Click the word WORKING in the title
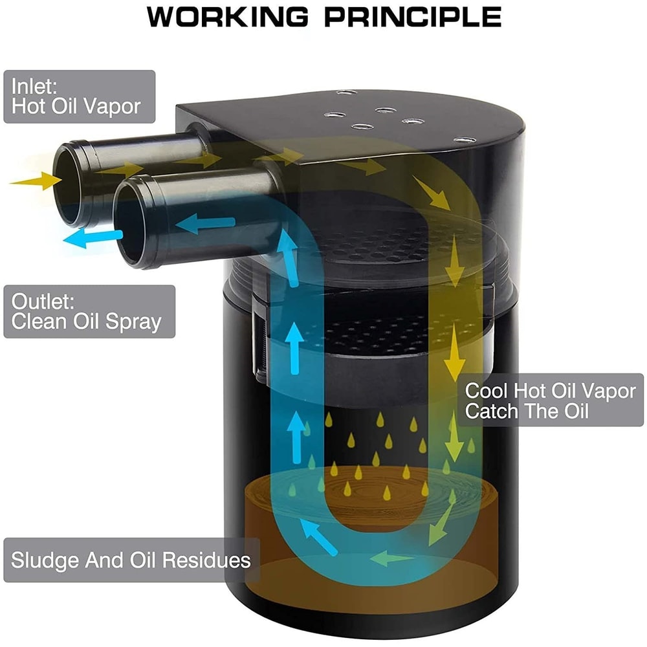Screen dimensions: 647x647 229,17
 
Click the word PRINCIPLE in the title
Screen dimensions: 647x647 413,17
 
